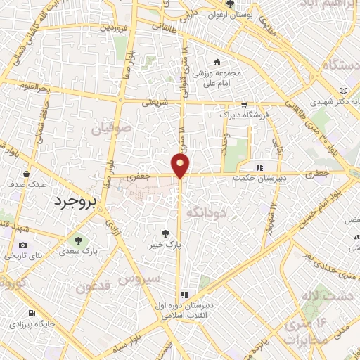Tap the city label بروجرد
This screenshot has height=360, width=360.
tap(78, 201)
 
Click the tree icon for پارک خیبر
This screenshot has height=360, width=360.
tap(165, 233)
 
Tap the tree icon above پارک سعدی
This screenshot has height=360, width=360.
tap(78, 240)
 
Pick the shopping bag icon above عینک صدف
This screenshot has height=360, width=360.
tap(25, 173)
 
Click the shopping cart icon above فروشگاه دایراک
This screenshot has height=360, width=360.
tap(244, 103)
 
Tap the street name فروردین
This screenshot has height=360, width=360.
tap(113, 28)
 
